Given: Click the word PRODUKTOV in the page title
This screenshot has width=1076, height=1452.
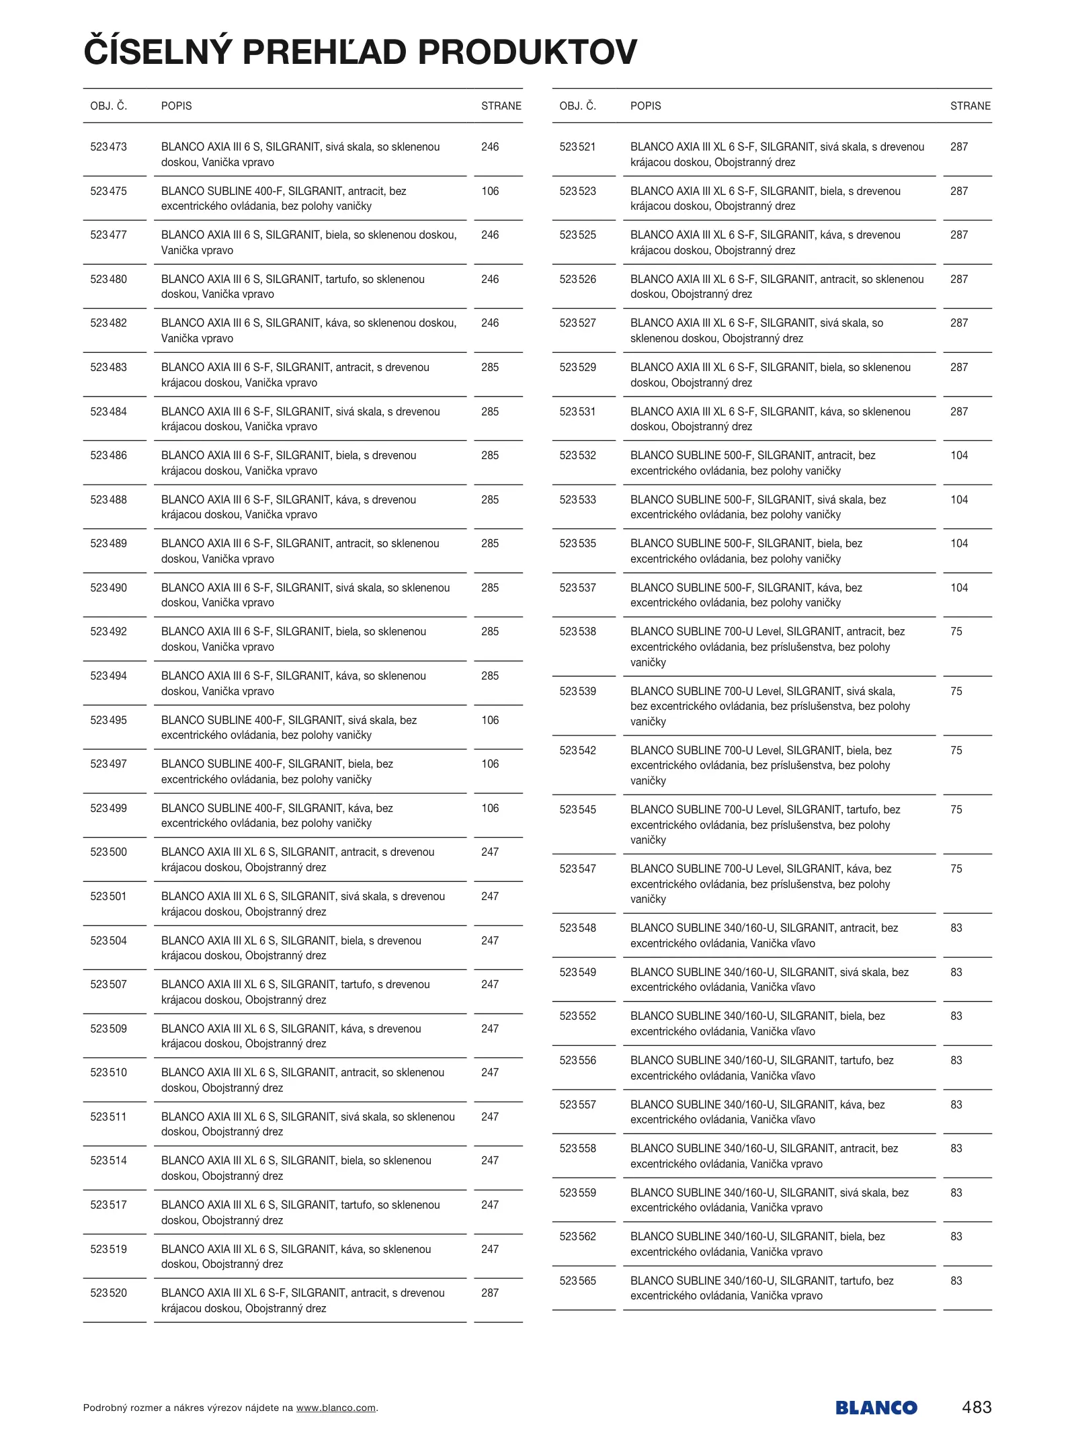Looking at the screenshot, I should [x=527, y=52].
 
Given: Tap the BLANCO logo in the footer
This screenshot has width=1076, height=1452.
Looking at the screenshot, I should [x=876, y=1407].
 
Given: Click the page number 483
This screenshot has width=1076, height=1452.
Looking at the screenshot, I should [x=976, y=1406].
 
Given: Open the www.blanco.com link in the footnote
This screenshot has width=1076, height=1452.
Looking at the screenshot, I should [x=335, y=1408].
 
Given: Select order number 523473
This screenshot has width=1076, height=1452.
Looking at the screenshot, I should [x=108, y=147].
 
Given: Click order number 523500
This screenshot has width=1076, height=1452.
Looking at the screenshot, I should [x=108, y=852].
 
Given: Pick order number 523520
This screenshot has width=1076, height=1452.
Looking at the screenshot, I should [x=108, y=1293].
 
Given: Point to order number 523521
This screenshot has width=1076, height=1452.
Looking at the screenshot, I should [x=577, y=147].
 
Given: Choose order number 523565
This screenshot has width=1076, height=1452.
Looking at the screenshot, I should [x=577, y=1281].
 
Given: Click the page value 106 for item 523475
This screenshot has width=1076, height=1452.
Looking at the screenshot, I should [x=490, y=191].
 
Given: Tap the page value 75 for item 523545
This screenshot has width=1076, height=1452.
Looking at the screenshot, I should [x=956, y=809].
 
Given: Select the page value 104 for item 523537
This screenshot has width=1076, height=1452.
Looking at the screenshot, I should [x=958, y=588].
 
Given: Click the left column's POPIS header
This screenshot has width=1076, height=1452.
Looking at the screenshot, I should [x=176, y=106].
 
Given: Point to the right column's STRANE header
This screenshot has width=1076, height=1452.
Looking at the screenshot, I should [x=970, y=106].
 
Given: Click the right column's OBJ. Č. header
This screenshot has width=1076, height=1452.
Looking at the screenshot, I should [x=577, y=106].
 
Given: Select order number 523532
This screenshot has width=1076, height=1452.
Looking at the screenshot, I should [x=577, y=455].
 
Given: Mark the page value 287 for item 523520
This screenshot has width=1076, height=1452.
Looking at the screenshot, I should [x=490, y=1293].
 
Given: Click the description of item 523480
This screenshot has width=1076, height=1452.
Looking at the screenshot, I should [x=293, y=286].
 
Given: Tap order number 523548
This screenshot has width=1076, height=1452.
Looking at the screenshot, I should [x=577, y=928].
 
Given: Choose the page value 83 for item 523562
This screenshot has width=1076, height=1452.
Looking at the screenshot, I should [x=956, y=1236].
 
